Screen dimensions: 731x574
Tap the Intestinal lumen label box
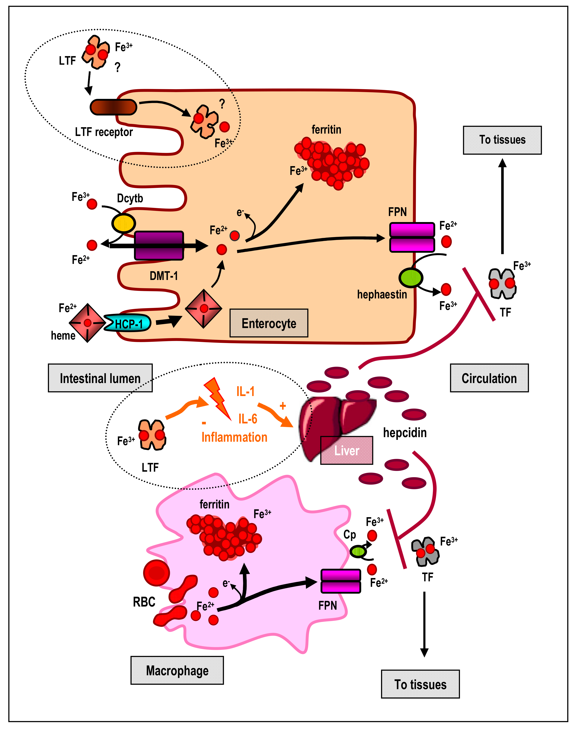click(x=100, y=378)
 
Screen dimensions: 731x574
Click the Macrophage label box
click(x=177, y=671)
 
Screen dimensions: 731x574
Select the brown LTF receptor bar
click(x=113, y=107)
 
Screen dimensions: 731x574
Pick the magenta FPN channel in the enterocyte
click(x=412, y=237)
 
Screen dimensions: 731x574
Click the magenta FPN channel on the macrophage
click(x=341, y=581)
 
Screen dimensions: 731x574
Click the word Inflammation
click(x=234, y=437)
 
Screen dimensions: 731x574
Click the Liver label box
click(x=346, y=450)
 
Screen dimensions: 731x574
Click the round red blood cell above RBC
click(x=156, y=573)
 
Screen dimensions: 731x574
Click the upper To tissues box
click(x=502, y=140)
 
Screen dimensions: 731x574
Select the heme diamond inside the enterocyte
click(x=204, y=308)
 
